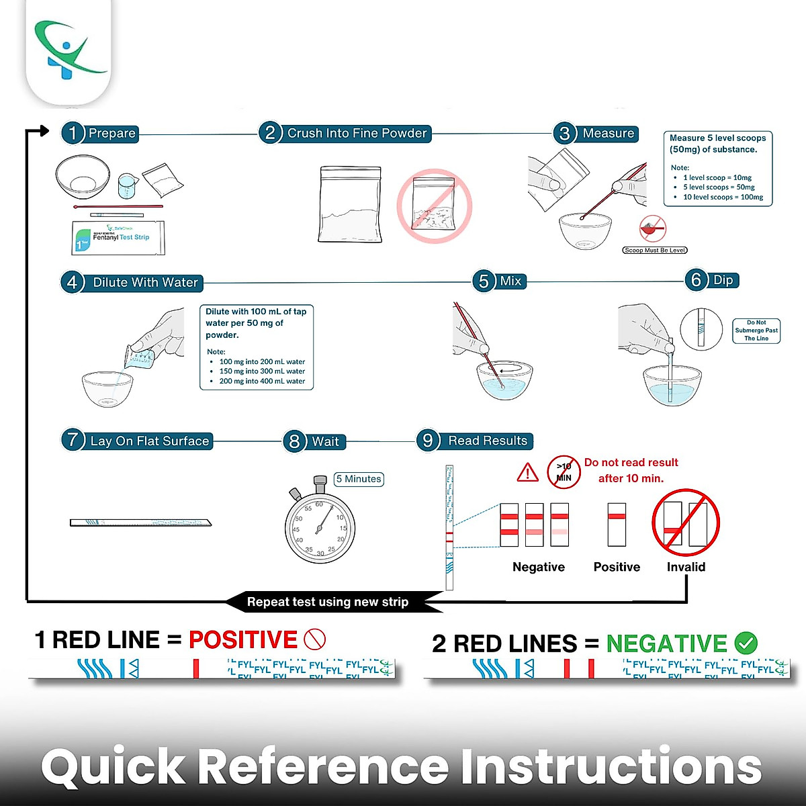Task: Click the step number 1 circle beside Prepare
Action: point(73,133)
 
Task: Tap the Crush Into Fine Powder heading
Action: point(357,133)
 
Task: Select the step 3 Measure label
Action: point(607,133)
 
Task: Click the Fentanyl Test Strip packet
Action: point(118,238)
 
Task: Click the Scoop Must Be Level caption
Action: point(655,251)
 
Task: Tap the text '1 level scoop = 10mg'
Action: point(717,178)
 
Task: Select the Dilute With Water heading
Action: point(145,283)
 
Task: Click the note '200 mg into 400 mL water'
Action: point(262,381)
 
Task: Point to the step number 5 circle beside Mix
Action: point(484,281)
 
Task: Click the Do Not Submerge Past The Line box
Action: point(756,330)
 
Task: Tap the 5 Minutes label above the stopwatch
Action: point(359,479)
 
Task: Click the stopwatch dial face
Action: point(320,528)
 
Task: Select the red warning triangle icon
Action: point(528,473)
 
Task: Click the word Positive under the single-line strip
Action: point(617,567)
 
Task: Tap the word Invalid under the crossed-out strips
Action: point(686,567)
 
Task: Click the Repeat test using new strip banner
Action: point(328,602)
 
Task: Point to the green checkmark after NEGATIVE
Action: point(746,643)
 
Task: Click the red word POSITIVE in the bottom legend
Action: point(243,639)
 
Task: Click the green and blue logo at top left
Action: point(68,50)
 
